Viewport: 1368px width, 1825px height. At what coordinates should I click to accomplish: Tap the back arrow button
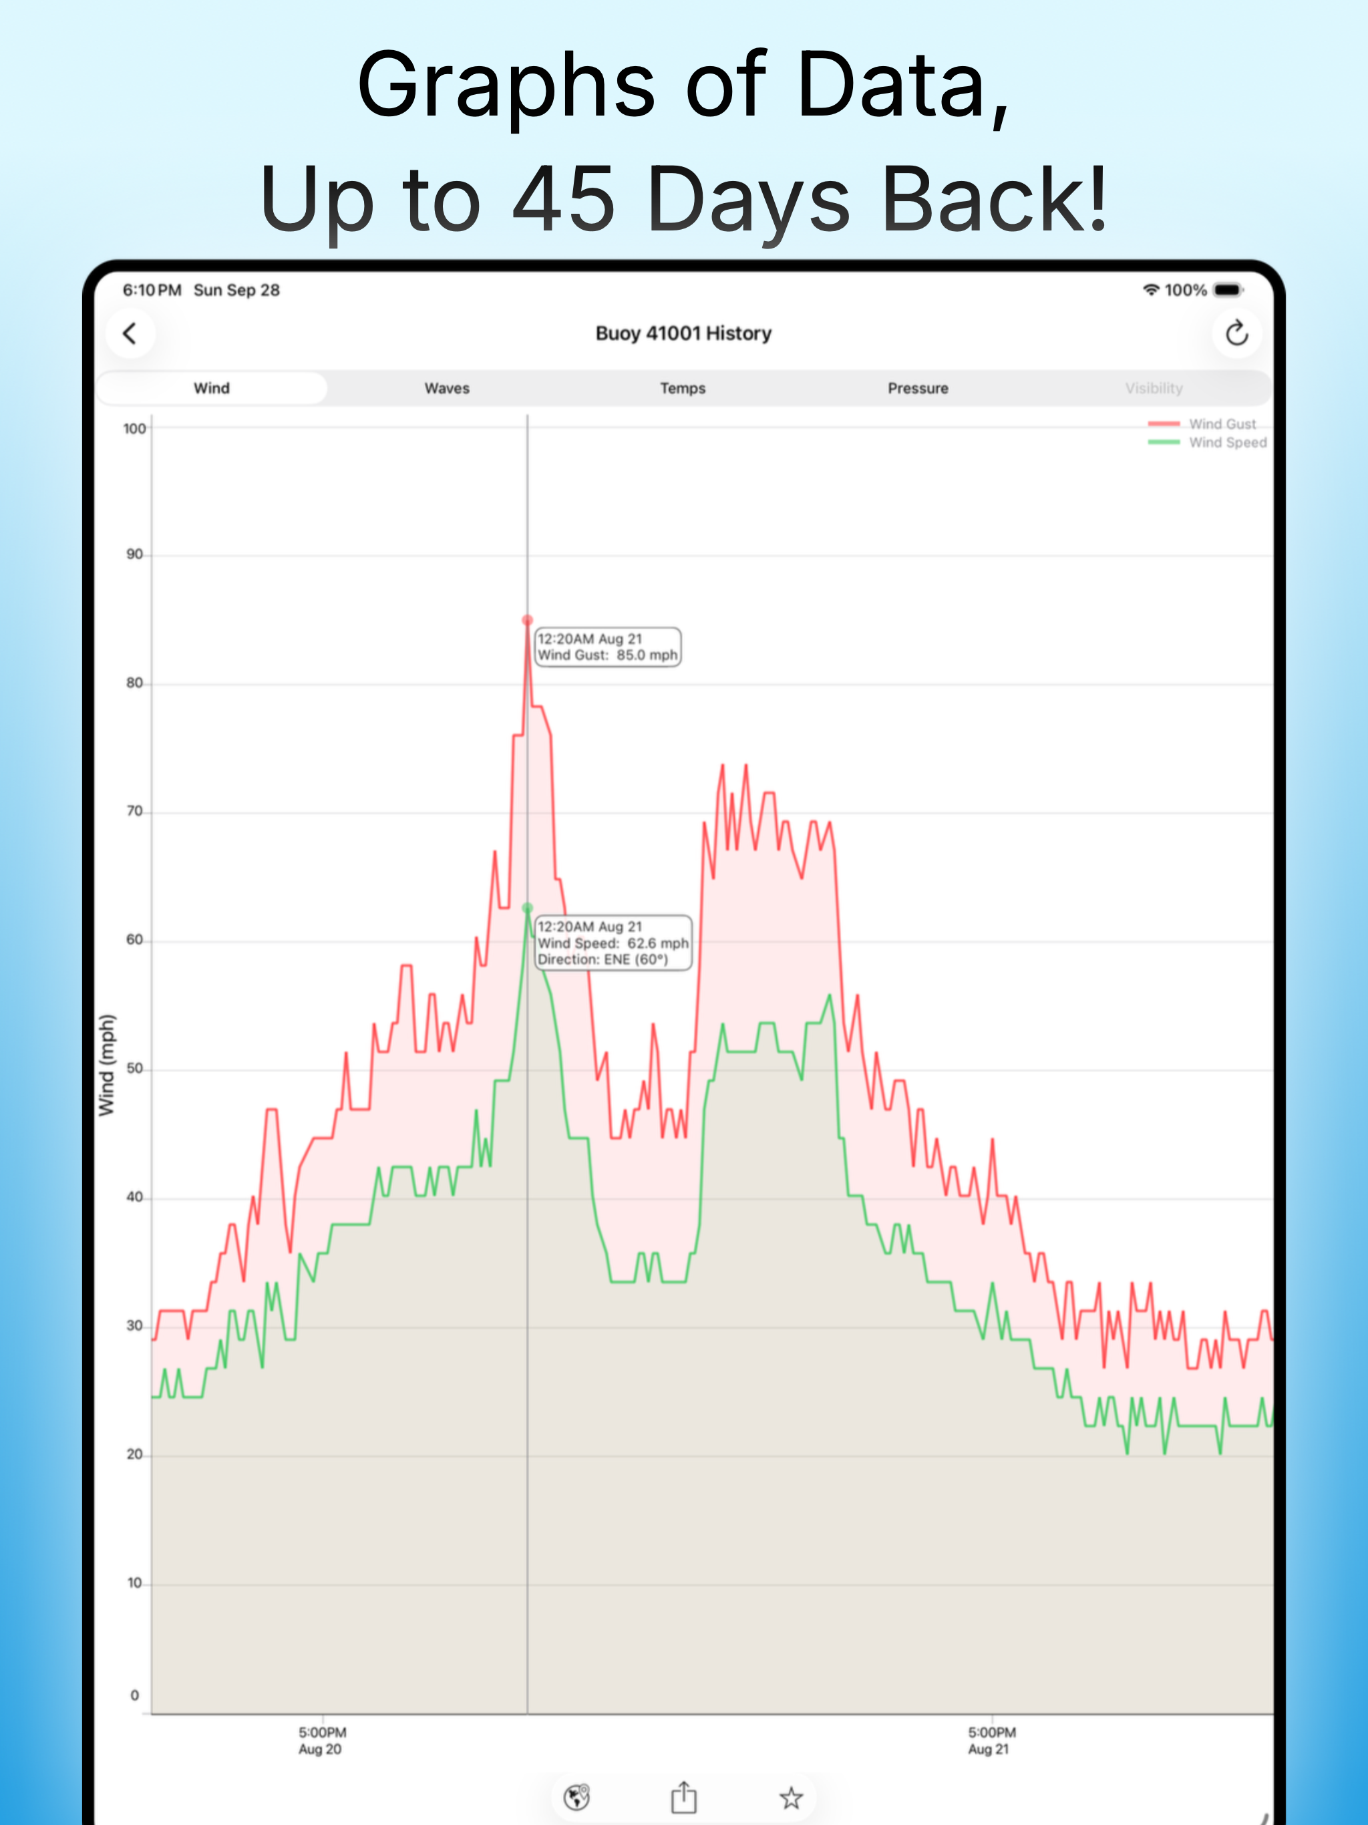click(x=130, y=333)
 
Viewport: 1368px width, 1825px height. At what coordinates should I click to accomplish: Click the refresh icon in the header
click(x=1236, y=333)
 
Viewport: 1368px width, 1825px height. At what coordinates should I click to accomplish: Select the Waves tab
click(x=446, y=387)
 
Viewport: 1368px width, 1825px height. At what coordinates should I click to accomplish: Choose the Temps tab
click(x=683, y=387)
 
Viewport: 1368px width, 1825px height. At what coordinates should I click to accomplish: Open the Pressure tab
click(x=918, y=387)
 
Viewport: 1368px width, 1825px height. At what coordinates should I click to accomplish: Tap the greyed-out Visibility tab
click(x=1154, y=387)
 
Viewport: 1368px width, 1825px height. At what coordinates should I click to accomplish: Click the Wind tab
click(x=211, y=387)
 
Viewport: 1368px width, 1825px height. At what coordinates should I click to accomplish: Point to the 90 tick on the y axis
click(x=134, y=554)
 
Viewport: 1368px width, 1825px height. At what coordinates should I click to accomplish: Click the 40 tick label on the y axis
click(x=134, y=1197)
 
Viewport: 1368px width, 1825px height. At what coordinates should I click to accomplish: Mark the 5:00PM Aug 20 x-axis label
click(x=322, y=1740)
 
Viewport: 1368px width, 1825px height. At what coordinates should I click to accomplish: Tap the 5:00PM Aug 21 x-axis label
click(x=991, y=1740)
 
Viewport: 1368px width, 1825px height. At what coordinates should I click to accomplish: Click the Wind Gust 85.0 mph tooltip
click(x=608, y=647)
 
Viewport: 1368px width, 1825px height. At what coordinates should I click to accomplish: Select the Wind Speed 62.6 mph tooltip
click(x=613, y=942)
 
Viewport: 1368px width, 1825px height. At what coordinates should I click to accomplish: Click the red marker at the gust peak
click(x=527, y=620)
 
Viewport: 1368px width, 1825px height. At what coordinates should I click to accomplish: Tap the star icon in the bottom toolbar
click(x=790, y=1798)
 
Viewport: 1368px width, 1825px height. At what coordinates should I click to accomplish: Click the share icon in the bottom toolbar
click(x=683, y=1797)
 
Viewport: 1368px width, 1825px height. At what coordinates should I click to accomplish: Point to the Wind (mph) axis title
click(x=106, y=1065)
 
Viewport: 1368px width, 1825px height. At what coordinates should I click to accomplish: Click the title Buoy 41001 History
click(x=683, y=333)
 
